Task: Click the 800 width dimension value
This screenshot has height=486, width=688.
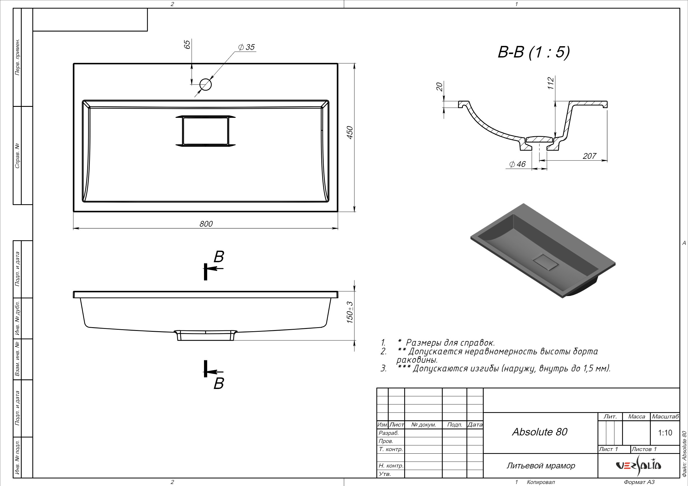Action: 206,224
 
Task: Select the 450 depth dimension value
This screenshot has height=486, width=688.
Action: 350,132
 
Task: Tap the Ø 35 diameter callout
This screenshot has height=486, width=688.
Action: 246,47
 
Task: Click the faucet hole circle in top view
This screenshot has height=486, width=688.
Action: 205,84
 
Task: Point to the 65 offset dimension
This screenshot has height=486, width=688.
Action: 187,45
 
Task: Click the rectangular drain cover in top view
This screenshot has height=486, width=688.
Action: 205,131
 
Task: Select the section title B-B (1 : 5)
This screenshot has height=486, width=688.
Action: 534,52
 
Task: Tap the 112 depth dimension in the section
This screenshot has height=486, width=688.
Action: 551,83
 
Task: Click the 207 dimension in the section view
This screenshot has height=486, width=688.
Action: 589,156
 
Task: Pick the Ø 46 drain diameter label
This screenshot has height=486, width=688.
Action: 518,164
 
